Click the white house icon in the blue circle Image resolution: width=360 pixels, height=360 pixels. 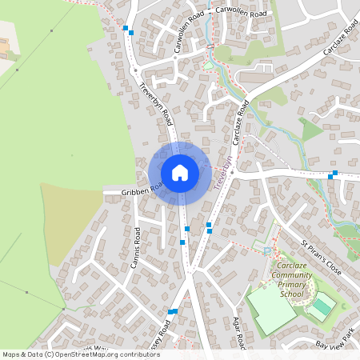[180, 172]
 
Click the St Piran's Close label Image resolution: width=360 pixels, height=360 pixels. [321, 258]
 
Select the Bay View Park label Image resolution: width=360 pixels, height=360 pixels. [334, 344]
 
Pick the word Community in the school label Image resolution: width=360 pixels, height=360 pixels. [291, 275]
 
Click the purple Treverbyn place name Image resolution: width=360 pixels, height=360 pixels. [223, 172]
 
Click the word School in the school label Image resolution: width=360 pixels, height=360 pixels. [291, 294]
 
